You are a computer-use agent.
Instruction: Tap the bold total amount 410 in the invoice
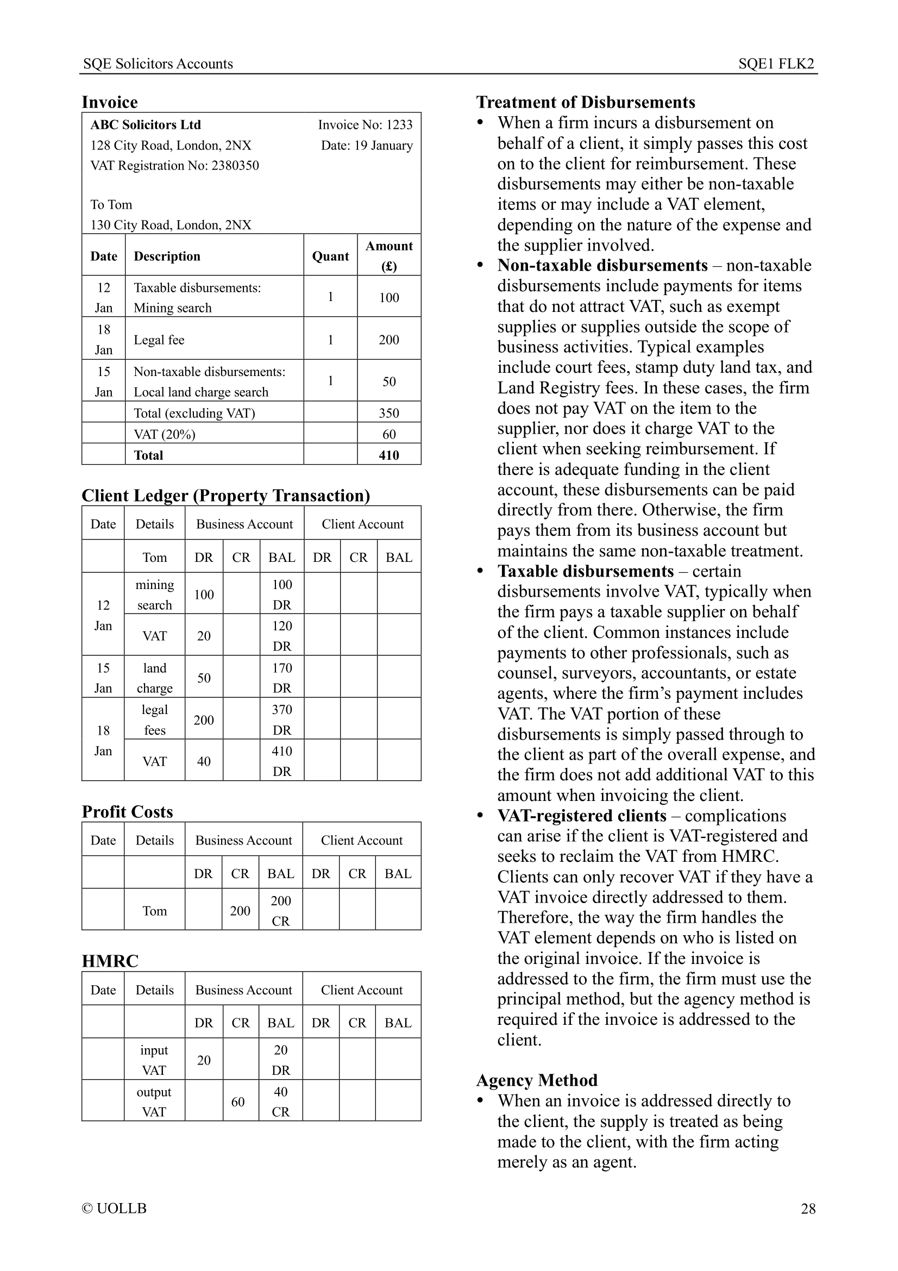pos(389,455)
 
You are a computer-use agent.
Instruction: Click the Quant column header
pos(330,256)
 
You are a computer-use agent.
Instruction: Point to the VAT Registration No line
pos(174,166)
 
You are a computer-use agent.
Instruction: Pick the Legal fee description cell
pos(159,340)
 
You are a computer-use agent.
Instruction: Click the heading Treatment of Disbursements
pos(586,102)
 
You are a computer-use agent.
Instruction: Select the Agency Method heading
pos(537,1080)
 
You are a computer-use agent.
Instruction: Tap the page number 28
pos(808,1209)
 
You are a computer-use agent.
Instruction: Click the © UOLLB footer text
pos(114,1209)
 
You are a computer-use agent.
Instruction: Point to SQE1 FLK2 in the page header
pos(776,64)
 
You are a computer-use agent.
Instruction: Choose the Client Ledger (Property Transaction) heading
pos(226,496)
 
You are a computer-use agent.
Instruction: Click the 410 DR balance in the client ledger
pos(281,761)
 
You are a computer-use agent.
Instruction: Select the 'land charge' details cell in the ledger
pos(154,678)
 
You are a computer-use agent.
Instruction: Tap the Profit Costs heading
pos(127,811)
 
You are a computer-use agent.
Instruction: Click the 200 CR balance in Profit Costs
pos(280,911)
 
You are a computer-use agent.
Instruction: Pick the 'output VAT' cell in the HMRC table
pos(154,1101)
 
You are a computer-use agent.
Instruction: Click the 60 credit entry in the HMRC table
pos(238,1102)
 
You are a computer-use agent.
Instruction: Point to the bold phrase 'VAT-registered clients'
pos(581,816)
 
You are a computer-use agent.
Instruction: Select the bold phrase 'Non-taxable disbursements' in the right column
pos(602,265)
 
